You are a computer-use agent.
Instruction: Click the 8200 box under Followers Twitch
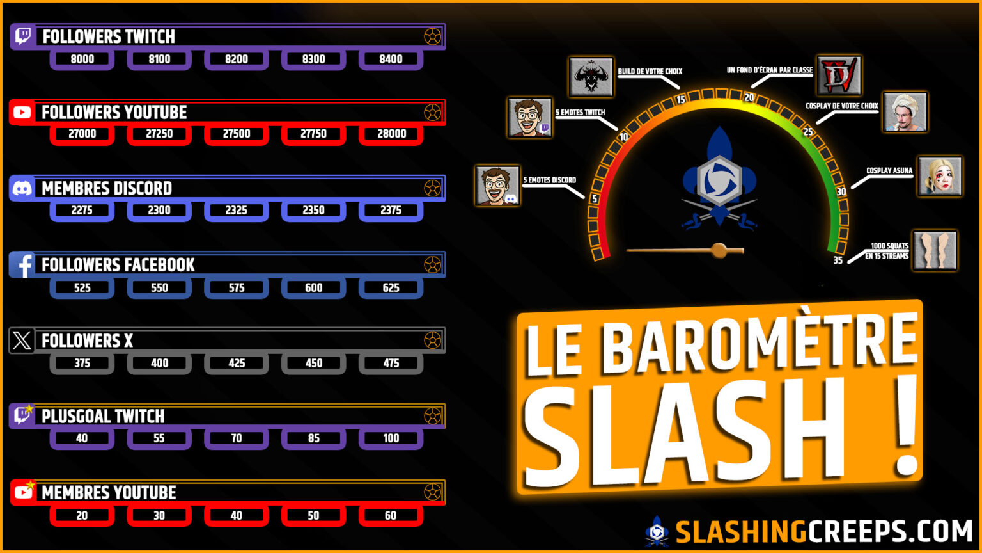pyautogui.click(x=237, y=59)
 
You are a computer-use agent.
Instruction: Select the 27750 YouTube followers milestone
pyautogui.click(x=313, y=134)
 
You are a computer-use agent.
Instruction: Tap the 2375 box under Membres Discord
pyautogui.click(x=391, y=210)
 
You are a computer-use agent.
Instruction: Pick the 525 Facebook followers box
pyautogui.click(x=82, y=287)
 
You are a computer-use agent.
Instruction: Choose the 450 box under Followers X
pyautogui.click(x=313, y=363)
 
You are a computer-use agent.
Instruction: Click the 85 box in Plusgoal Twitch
pyautogui.click(x=313, y=438)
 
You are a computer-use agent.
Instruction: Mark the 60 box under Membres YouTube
pyautogui.click(x=391, y=515)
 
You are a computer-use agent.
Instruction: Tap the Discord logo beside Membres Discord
pyautogui.click(x=22, y=188)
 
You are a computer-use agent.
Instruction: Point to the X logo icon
pyautogui.click(x=22, y=341)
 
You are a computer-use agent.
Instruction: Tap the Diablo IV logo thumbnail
pyautogui.click(x=839, y=76)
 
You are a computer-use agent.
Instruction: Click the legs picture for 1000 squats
pyautogui.click(x=934, y=250)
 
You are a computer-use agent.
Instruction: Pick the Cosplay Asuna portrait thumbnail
pyautogui.click(x=939, y=176)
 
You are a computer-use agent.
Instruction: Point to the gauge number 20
pyautogui.click(x=749, y=98)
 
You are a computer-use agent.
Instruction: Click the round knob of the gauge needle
pyautogui.click(x=719, y=250)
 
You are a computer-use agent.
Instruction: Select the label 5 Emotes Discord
pyautogui.click(x=550, y=180)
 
